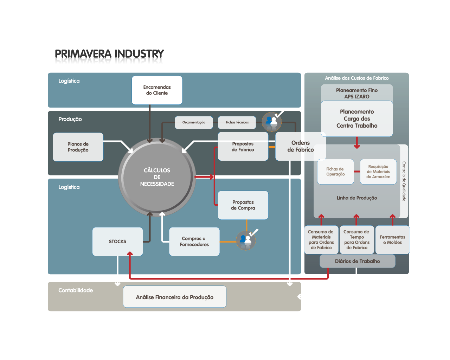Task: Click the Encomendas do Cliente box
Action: pyautogui.click(x=157, y=90)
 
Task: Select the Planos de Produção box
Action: pyautogui.click(x=78, y=147)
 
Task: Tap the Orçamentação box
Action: pyautogui.click(x=194, y=122)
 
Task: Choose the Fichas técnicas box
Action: pyautogui.click(x=237, y=122)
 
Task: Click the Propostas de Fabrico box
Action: pyautogui.click(x=243, y=147)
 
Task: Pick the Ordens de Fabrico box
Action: pyautogui.click(x=301, y=146)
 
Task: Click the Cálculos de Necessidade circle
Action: pyautogui.click(x=157, y=177)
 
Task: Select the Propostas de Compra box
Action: pyautogui.click(x=243, y=205)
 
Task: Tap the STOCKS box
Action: pyautogui.click(x=117, y=242)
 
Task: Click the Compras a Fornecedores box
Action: pyautogui.click(x=194, y=242)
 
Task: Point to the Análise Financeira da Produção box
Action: pyautogui.click(x=174, y=297)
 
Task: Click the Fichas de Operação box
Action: pyautogui.click(x=335, y=172)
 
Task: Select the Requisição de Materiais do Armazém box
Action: pyautogui.click(x=378, y=172)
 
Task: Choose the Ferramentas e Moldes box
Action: pyautogui.click(x=392, y=240)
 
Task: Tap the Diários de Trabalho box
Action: pyautogui.click(x=357, y=261)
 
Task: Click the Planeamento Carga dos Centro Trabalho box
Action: pyautogui.click(x=357, y=119)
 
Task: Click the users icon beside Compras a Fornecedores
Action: pyautogui.click(x=246, y=240)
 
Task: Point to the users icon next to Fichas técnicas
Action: pyautogui.click(x=272, y=122)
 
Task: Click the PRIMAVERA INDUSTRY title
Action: pyautogui.click(x=109, y=57)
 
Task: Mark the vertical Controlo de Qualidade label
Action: pyautogui.click(x=404, y=181)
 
